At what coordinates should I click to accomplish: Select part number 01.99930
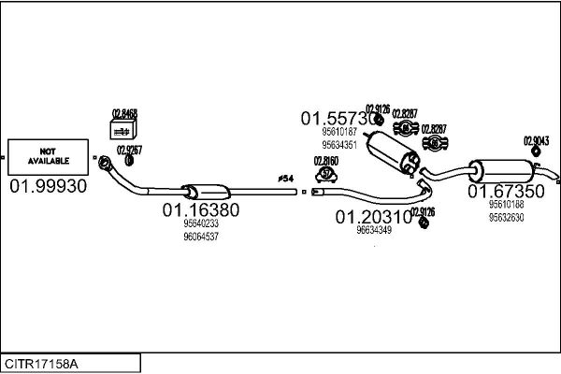pos(48,186)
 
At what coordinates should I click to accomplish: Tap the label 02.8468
pos(124,114)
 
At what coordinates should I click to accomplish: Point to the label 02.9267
pos(129,150)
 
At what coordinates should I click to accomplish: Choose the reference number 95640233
pos(200,224)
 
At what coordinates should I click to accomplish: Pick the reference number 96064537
pos(200,237)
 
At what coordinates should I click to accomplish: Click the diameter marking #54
pos(285,178)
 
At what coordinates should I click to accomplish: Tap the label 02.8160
pos(325,161)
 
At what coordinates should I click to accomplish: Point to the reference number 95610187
pos(339,133)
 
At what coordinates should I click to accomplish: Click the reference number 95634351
pos(339,145)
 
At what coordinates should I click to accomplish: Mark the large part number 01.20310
pos(373,216)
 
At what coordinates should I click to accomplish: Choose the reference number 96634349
pos(373,230)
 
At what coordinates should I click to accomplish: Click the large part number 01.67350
pos(506,192)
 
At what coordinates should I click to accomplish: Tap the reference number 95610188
pos(506,205)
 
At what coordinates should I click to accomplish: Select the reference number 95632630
pos(506,217)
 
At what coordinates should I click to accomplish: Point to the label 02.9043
pos(536,141)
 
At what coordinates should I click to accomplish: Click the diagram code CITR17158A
pos(42,361)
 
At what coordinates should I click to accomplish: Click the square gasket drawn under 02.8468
pos(123,132)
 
